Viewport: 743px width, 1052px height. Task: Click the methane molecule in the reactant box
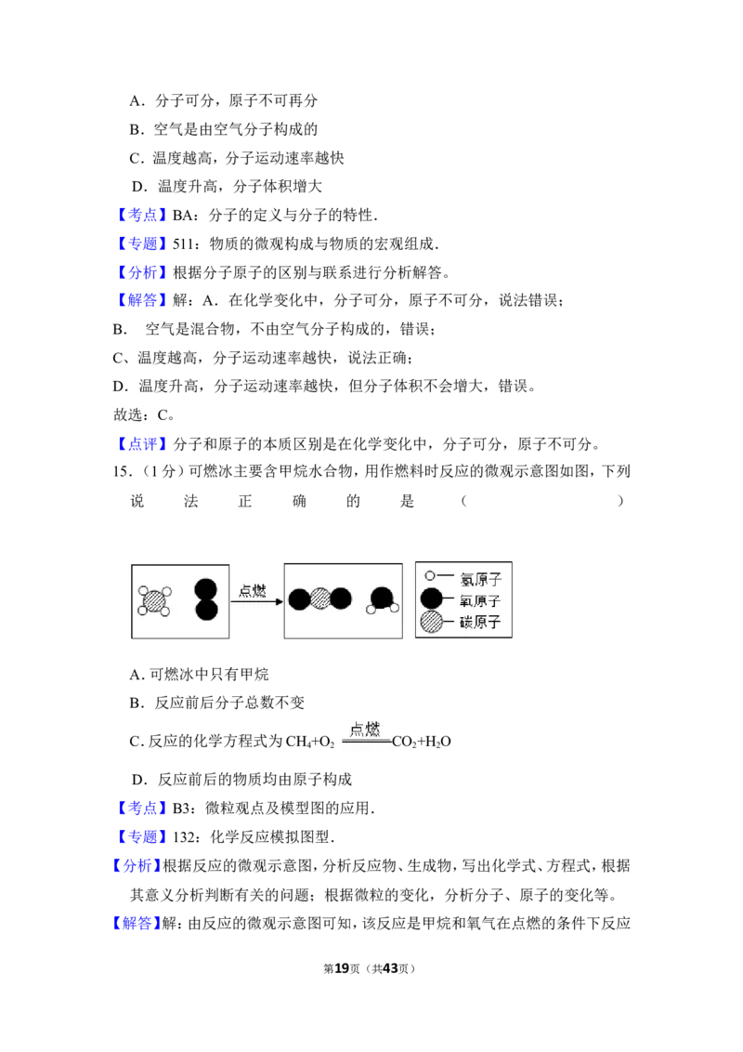(154, 601)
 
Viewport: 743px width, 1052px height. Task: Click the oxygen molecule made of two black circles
(206, 599)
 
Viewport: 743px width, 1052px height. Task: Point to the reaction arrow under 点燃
(257, 601)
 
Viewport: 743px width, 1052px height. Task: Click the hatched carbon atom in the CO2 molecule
(320, 598)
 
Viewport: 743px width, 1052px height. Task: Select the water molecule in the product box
(383, 600)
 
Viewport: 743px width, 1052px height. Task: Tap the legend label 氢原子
(480, 579)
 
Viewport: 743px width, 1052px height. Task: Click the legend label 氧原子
(480, 600)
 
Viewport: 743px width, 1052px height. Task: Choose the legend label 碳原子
(480, 622)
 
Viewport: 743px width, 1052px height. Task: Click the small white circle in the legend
(430, 575)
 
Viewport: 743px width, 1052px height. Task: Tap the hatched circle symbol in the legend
(431, 622)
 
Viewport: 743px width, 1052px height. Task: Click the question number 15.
(121, 472)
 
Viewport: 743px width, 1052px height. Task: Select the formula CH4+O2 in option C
(310, 742)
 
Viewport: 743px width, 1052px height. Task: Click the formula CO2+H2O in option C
(421, 742)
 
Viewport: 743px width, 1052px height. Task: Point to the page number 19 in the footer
(342, 968)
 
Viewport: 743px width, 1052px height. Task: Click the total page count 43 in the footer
(390, 968)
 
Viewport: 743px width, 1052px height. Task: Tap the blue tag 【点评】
(142, 444)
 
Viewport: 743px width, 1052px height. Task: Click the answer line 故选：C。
(144, 415)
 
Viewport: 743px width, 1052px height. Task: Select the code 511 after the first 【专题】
(182, 244)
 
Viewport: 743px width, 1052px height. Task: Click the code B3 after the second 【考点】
(180, 809)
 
